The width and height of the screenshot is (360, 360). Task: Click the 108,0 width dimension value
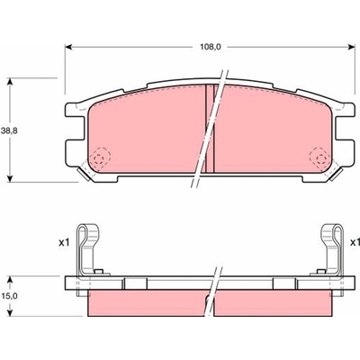pos(211,47)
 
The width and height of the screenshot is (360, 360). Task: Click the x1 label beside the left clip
pos(64,242)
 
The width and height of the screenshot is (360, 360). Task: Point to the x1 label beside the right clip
pos(355,242)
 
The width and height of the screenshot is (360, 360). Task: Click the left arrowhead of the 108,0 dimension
pos(68,47)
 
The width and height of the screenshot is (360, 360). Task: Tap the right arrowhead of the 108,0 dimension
pos(351,47)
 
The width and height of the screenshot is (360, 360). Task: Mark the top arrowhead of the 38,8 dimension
pos(11,82)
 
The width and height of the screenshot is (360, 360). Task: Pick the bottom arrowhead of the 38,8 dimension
pos(11,177)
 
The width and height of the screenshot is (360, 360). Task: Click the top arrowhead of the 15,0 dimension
pos(11,280)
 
